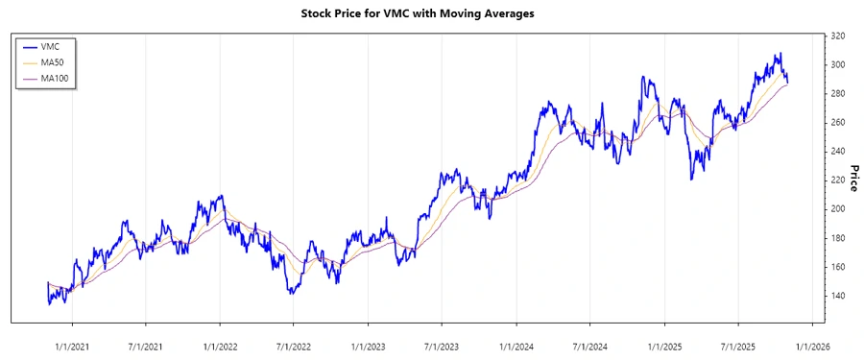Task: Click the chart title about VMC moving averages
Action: pyautogui.click(x=432, y=14)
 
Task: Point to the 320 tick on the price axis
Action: pyautogui.click(x=838, y=36)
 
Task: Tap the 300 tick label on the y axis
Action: pyautogui.click(x=838, y=64)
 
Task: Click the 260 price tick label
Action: pyautogui.click(x=838, y=122)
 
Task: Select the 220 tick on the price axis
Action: pyautogui.click(x=838, y=180)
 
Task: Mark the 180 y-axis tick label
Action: pyautogui.click(x=838, y=237)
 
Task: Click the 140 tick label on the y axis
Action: pyautogui.click(x=838, y=295)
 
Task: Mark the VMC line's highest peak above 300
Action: pyautogui.click(x=780, y=54)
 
